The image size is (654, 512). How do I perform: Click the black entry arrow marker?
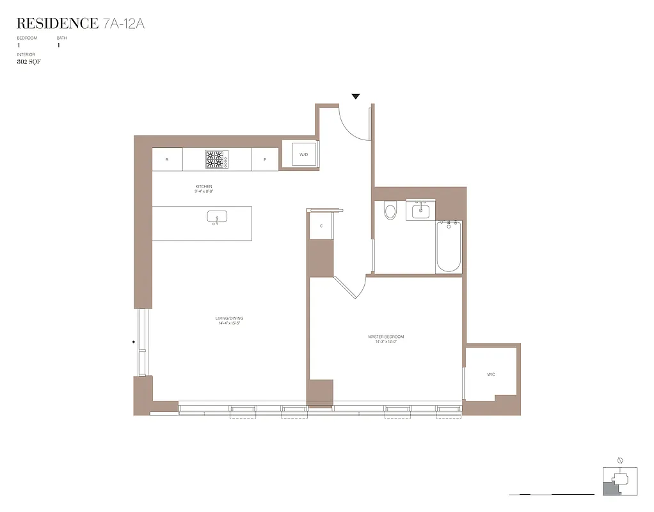(x=356, y=97)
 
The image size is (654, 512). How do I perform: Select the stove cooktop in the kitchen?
(x=217, y=159)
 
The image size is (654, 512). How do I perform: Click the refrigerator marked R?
(x=167, y=159)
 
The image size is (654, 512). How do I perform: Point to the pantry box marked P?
(x=264, y=159)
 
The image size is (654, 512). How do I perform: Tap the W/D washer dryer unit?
(x=304, y=154)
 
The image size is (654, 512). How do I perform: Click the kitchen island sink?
(x=217, y=218)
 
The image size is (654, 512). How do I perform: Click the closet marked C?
(x=321, y=226)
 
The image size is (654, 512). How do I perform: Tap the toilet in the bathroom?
(x=390, y=211)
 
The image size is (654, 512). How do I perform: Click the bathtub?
(x=449, y=246)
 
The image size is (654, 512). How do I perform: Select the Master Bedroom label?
(x=386, y=339)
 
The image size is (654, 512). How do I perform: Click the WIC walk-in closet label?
(x=491, y=374)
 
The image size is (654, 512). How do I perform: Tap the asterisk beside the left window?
(x=134, y=342)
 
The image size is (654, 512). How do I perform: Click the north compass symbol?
(x=619, y=460)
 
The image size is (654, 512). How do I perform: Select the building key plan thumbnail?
(x=619, y=481)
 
